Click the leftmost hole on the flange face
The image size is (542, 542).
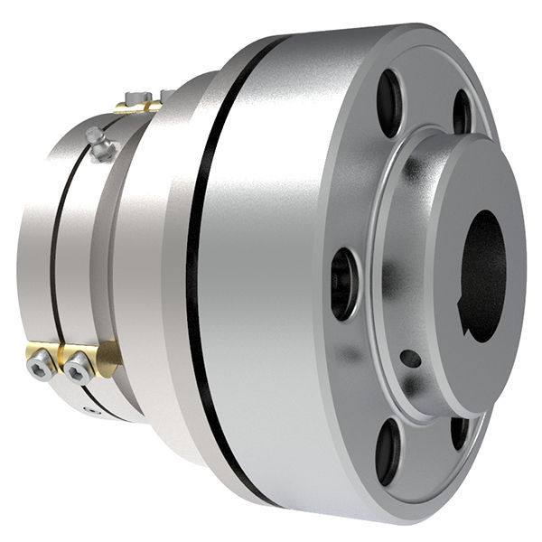[344, 284]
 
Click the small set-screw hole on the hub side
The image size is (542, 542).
[410, 359]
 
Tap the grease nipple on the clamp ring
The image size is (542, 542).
[99, 145]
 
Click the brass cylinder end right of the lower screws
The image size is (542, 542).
[110, 358]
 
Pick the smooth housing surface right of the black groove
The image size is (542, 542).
[271, 271]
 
